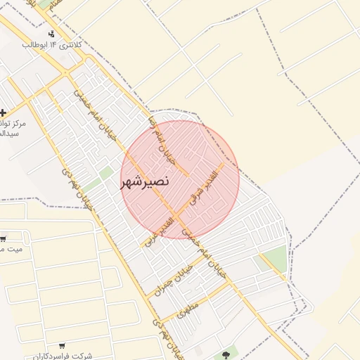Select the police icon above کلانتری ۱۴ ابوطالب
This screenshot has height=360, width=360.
coord(51,34)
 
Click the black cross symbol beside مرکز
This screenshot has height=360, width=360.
coord(4,112)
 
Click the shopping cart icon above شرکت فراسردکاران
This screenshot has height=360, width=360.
coord(63,345)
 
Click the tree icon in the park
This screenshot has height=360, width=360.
coord(226,355)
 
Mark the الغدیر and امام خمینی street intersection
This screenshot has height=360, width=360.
coord(174,212)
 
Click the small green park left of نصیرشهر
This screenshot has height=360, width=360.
coord(105,172)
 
